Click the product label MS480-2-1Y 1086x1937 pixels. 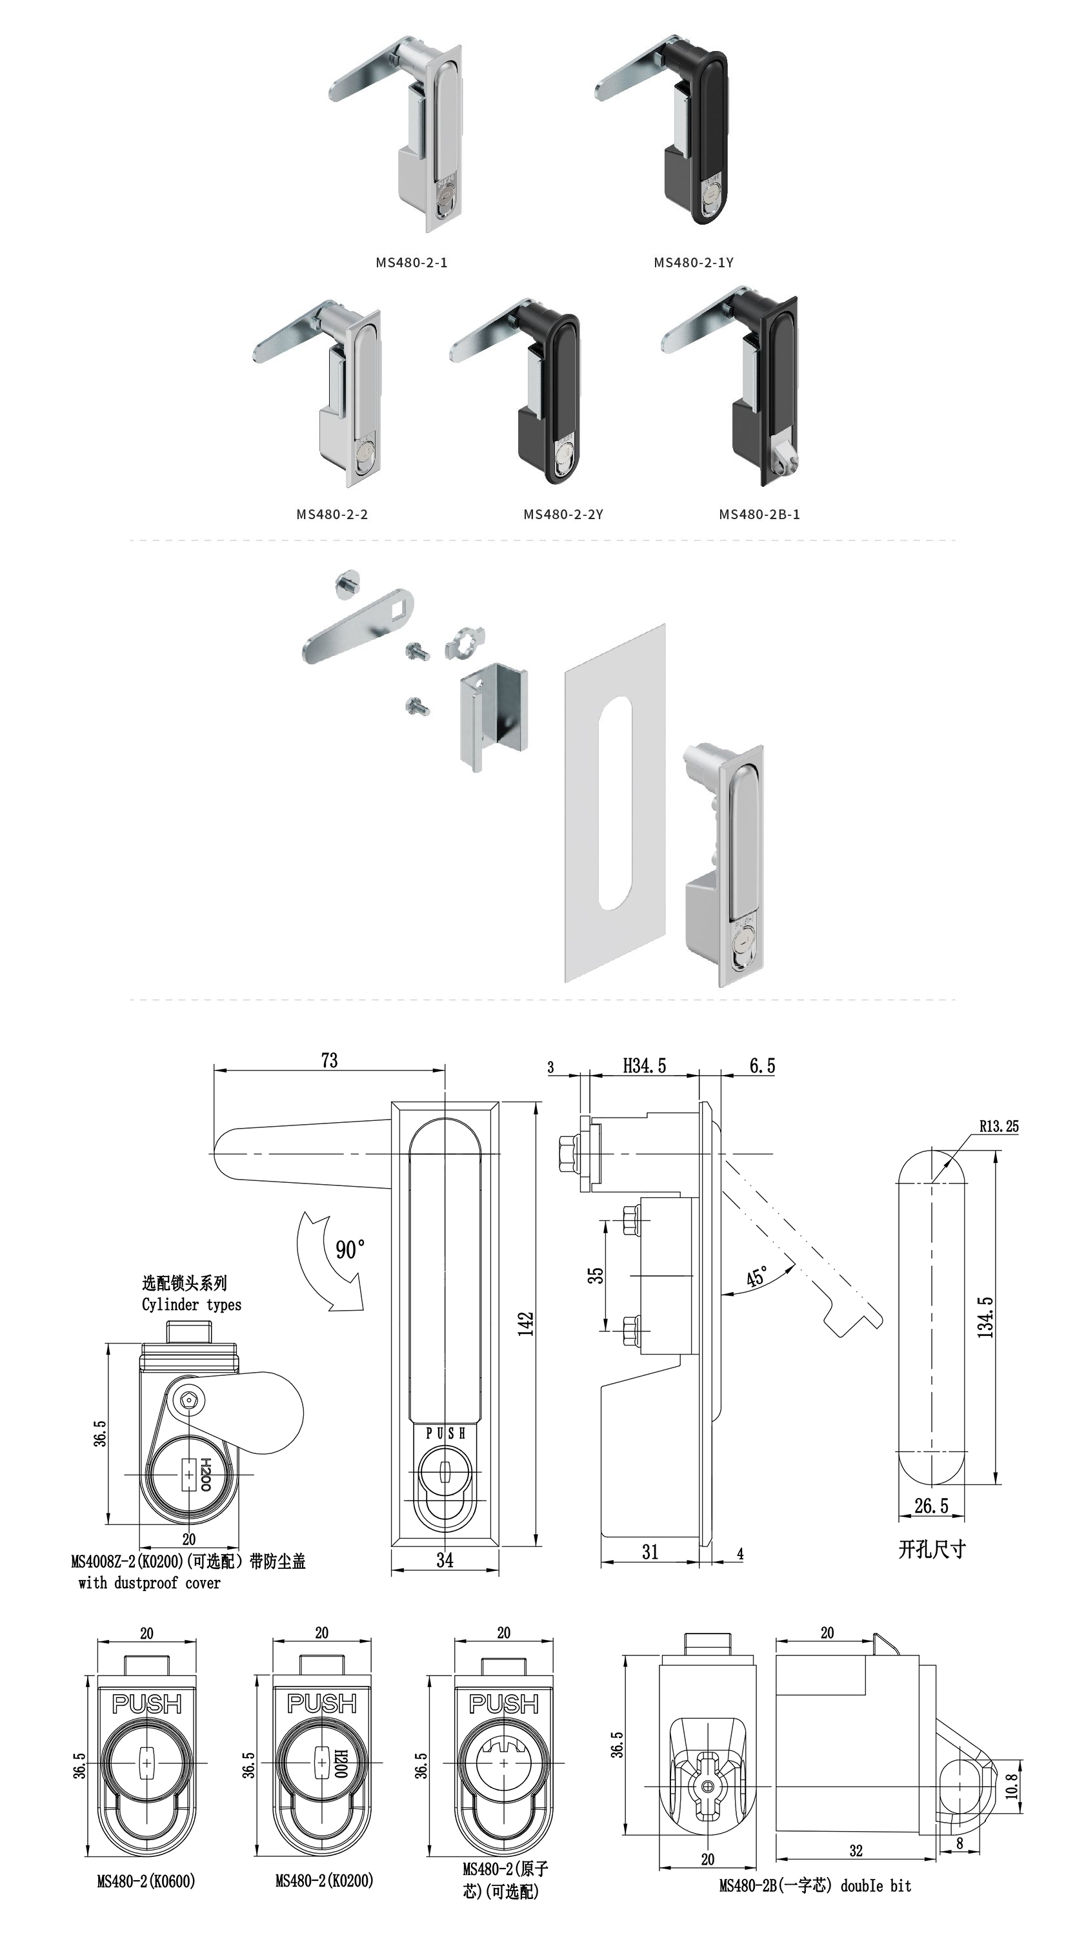tap(693, 262)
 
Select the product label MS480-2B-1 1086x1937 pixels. tap(759, 515)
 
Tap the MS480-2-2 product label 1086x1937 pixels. tap(332, 515)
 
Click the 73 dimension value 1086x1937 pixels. tap(329, 1060)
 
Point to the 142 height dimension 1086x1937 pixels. tap(525, 1324)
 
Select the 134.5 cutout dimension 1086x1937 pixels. tap(985, 1317)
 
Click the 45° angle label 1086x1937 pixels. tap(757, 1276)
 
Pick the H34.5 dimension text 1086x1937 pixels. tap(644, 1065)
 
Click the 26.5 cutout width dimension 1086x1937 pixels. tap(931, 1506)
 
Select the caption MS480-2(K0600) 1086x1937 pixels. tap(146, 1881)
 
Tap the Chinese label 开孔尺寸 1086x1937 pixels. tap(931, 1549)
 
